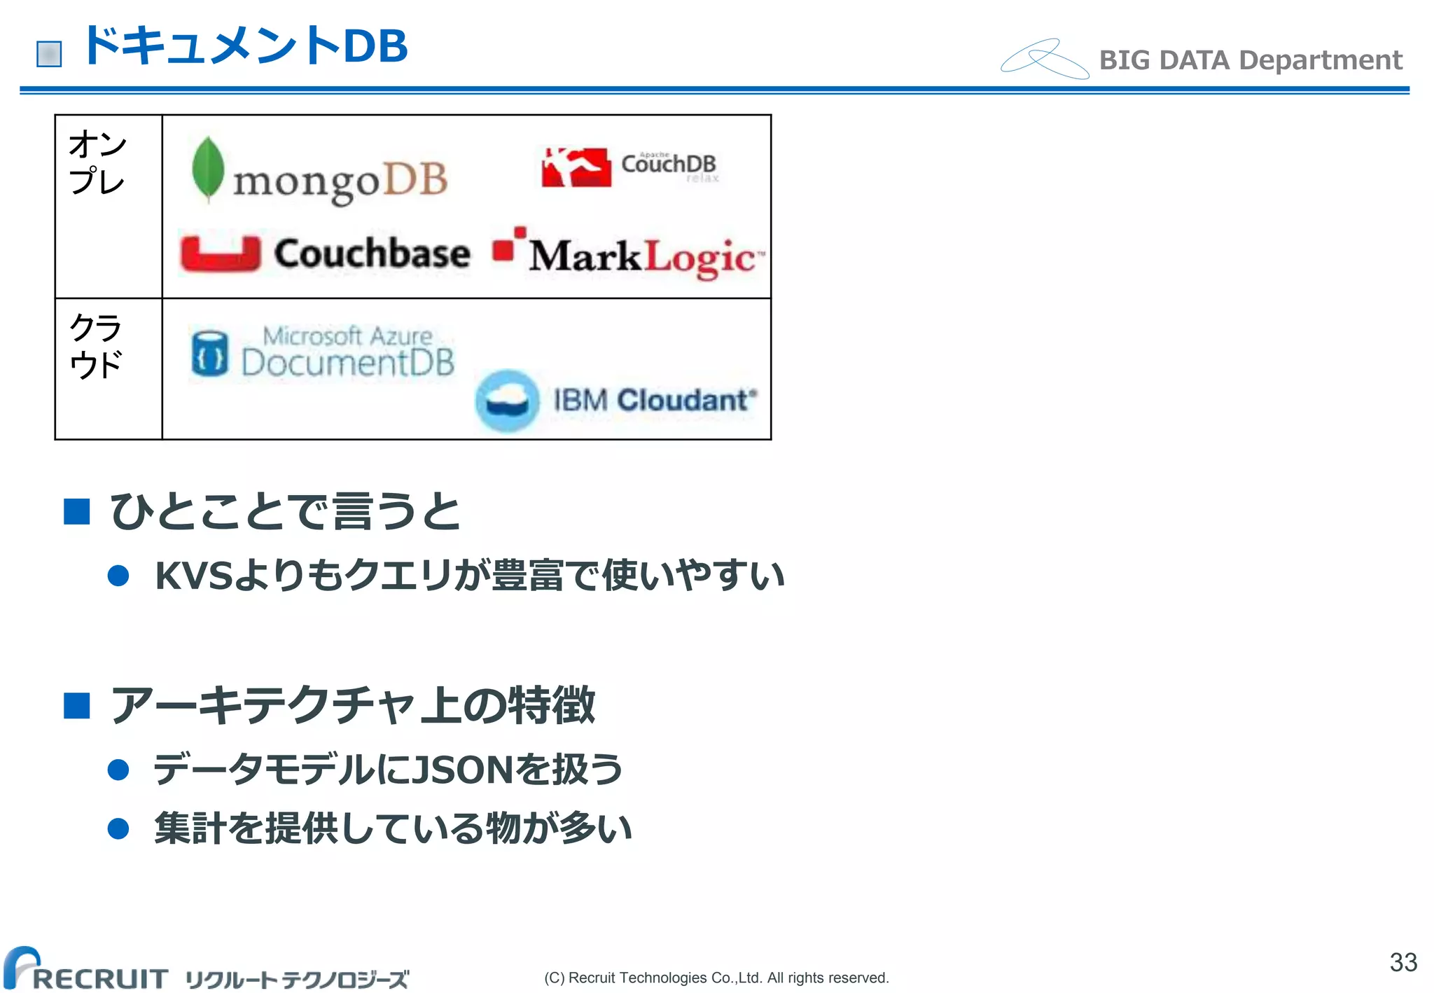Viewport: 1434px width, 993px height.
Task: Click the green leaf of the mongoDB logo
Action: point(208,168)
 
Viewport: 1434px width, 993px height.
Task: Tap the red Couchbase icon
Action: point(220,254)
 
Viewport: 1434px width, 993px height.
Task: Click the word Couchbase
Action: point(372,254)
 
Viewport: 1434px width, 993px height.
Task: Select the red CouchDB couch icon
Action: point(576,167)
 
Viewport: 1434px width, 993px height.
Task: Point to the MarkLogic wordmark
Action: point(642,256)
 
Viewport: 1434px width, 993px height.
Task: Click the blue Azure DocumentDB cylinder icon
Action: point(209,354)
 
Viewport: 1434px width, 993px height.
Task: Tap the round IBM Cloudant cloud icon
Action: point(507,401)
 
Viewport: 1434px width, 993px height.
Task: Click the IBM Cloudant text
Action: point(655,401)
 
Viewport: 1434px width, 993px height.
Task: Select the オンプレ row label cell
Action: point(108,206)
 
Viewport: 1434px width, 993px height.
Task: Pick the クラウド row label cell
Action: point(108,368)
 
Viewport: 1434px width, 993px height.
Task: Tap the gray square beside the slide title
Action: point(49,54)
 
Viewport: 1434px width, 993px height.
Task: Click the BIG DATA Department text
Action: point(1251,60)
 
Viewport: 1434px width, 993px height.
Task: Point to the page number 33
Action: point(1403,962)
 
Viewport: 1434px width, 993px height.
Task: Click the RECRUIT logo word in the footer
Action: point(100,978)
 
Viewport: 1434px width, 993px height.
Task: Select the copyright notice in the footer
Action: point(716,978)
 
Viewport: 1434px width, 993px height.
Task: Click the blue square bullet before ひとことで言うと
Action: point(77,511)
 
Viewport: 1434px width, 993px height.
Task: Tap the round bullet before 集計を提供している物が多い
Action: point(118,829)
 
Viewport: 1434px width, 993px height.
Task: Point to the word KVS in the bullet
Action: point(193,576)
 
